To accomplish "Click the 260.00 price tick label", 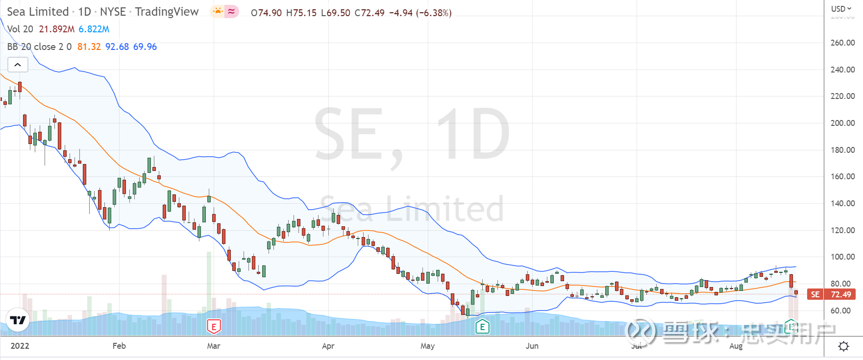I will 842,43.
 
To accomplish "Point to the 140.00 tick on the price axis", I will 842,203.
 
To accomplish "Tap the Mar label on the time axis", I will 213,346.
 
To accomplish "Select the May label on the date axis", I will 427,346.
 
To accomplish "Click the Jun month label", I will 532,346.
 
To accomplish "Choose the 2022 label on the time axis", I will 20,346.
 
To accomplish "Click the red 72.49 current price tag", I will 840,294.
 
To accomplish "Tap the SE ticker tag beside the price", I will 815,294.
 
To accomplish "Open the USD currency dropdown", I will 841,9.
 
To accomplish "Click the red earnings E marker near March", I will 214,326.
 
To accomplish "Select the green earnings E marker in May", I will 482,327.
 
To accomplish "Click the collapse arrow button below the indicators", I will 18,65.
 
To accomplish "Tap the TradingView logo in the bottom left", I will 18,321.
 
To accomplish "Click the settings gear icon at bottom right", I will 843,346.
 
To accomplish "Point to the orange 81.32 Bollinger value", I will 89,47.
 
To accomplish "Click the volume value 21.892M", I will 56,29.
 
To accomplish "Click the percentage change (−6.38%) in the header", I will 434,13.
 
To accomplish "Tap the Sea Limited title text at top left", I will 38,12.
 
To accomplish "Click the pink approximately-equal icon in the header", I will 232,11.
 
